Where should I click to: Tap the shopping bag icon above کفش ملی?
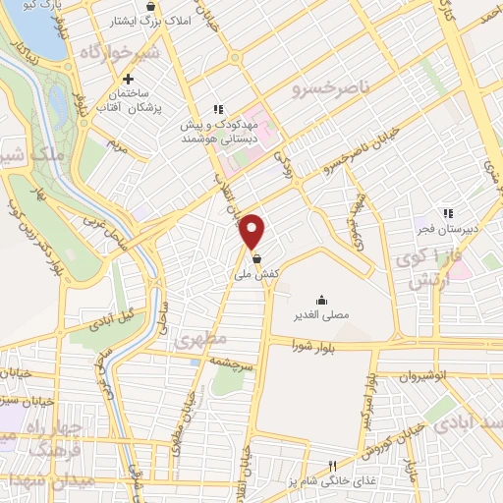256,258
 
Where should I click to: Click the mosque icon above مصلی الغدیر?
321,300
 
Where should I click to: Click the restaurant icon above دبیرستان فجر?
448,212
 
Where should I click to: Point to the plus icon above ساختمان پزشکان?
129,79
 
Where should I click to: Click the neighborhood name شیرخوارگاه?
120,51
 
